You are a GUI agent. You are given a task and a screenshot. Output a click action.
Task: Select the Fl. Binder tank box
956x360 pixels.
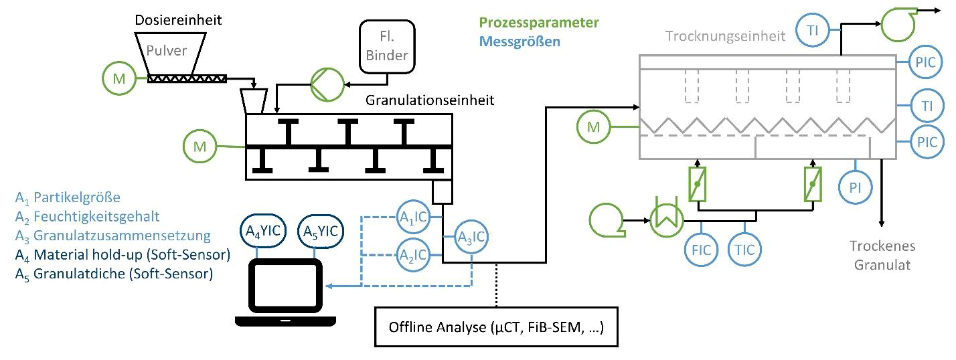(386, 46)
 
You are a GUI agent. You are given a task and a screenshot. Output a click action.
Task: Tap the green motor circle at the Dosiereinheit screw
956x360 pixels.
(118, 78)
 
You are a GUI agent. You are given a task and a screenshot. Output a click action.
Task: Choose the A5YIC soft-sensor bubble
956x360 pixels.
(319, 232)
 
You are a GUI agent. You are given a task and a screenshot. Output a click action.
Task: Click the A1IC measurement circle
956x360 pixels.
(414, 217)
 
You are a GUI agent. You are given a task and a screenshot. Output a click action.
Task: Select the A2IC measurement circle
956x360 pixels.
(414, 254)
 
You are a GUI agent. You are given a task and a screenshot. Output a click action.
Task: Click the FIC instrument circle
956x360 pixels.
(700, 250)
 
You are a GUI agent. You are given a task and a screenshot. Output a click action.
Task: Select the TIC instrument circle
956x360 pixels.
(744, 250)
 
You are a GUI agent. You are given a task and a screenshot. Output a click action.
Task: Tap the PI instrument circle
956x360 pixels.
(855, 187)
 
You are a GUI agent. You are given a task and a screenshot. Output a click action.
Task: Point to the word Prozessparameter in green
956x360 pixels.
(534, 23)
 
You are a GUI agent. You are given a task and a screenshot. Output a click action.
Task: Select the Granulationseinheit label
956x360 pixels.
(430, 101)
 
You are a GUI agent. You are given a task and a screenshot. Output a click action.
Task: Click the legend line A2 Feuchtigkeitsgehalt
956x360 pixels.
(88, 216)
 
